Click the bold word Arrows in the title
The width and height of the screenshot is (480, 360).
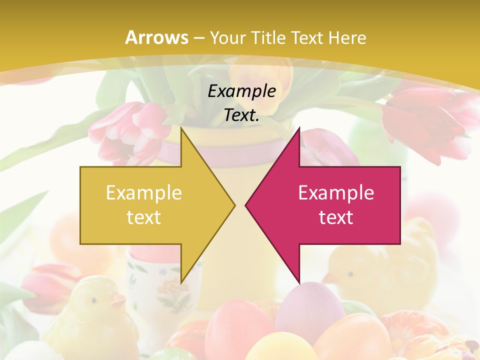tap(157, 37)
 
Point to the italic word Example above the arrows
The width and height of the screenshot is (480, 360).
tap(241, 91)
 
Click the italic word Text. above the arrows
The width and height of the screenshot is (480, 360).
tap(241, 115)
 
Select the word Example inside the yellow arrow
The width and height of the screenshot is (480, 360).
tap(143, 192)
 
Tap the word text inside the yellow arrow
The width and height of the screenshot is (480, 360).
tap(143, 217)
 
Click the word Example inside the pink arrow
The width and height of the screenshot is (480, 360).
tap(336, 192)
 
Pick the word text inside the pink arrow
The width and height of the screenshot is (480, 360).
tap(336, 217)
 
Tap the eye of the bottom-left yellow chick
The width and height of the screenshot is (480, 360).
tap(93, 300)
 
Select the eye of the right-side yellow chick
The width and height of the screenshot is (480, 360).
tap(348, 274)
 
